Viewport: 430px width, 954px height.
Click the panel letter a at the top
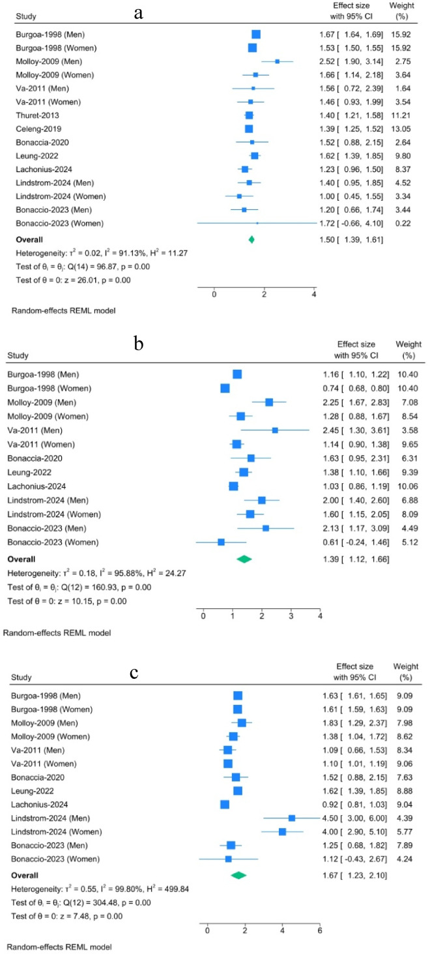click(138, 12)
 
